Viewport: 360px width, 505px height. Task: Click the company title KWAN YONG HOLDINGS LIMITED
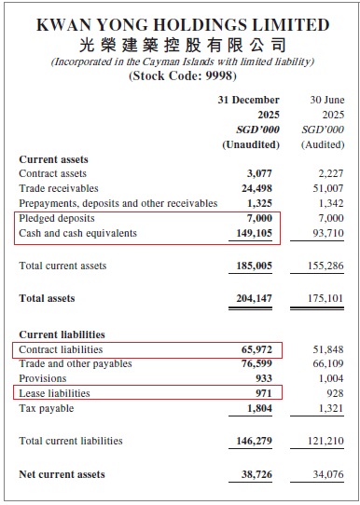tap(182, 25)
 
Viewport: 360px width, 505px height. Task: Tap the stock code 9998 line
tap(182, 77)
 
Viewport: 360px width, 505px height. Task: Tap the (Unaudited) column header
tap(251, 144)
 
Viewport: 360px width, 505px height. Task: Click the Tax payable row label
tap(46, 408)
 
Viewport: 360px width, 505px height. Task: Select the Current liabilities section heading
tap(62, 334)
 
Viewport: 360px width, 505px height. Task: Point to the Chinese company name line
tap(182, 45)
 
